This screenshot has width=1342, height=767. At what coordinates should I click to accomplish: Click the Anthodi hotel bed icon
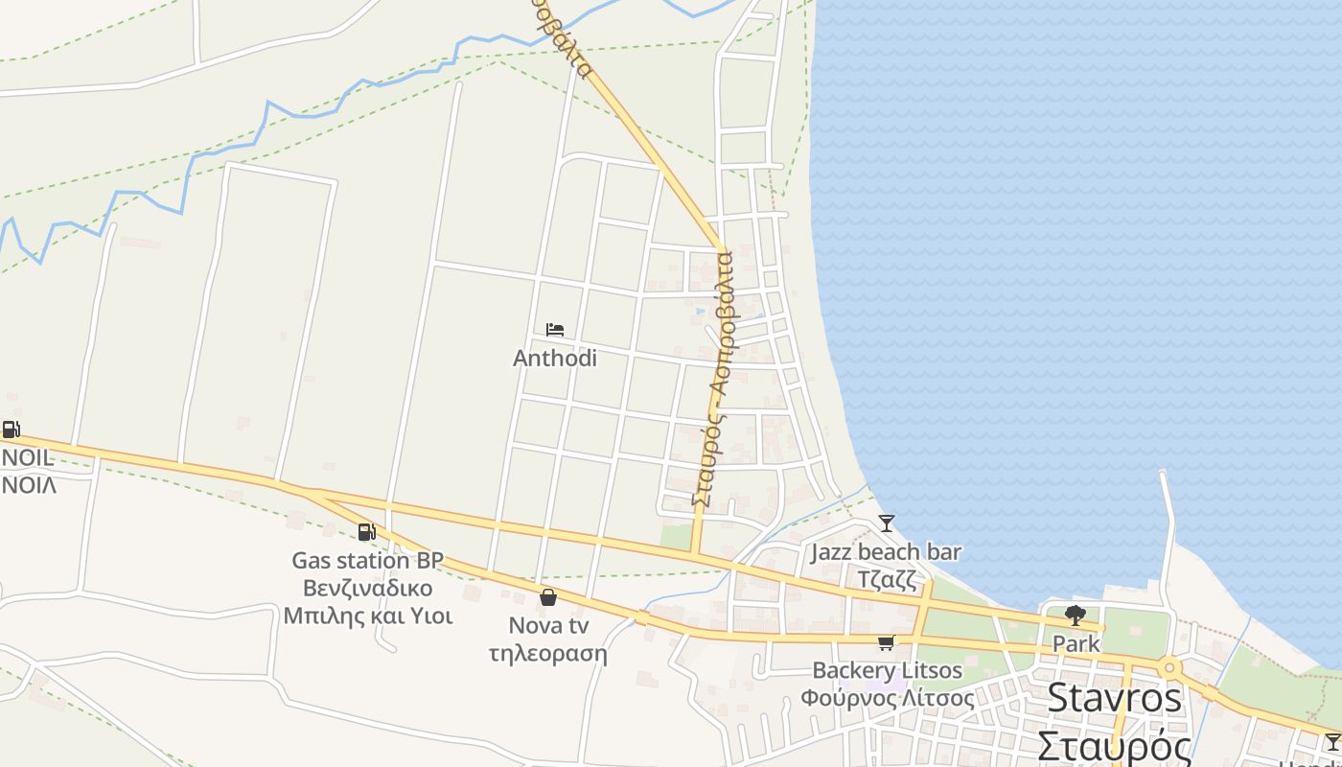pos(555,330)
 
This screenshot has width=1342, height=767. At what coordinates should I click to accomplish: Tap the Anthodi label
pos(555,358)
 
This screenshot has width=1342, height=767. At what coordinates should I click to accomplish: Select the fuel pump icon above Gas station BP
pos(366,532)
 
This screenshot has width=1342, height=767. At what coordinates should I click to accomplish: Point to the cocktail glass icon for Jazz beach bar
pos(887,523)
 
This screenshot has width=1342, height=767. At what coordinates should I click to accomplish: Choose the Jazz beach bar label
pos(886,552)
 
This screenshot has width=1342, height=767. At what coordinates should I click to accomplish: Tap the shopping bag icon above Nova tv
pos(548,597)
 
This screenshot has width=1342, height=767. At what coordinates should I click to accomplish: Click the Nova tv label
pos(548,626)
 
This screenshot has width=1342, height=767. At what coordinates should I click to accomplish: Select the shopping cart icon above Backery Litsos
pos(886,642)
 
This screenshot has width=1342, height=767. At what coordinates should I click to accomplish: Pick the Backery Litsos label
pos(888,670)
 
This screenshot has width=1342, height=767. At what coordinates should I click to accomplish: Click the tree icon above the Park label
pos(1076,616)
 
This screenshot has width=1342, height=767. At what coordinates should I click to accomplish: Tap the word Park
pos(1076,644)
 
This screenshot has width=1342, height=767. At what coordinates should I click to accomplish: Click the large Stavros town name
pos(1114,698)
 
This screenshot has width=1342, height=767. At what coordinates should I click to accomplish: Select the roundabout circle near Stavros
pos(1168,667)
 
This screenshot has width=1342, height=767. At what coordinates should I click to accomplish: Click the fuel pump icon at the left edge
pos(11,430)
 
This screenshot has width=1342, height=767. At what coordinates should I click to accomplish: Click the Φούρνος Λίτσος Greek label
pos(888,698)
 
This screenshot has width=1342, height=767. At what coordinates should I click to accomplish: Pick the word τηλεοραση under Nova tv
pos(548,654)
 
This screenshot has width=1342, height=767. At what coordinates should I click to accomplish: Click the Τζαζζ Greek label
pos(887,580)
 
